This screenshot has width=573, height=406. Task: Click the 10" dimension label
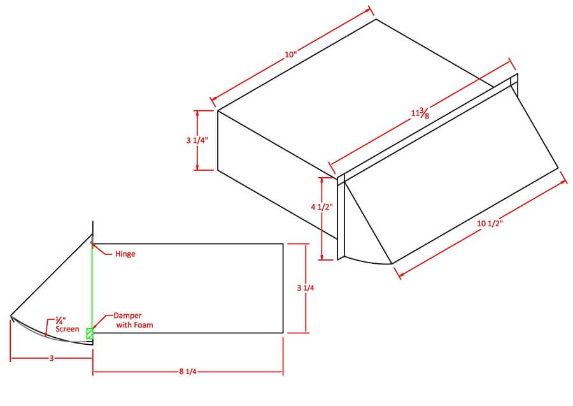(291, 54)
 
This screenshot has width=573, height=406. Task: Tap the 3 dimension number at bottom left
(52, 359)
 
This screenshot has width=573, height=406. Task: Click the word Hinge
(125, 254)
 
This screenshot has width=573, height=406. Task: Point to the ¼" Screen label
(67, 324)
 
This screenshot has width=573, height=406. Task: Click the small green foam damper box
(90, 333)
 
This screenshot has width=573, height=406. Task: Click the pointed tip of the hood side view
(11, 315)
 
